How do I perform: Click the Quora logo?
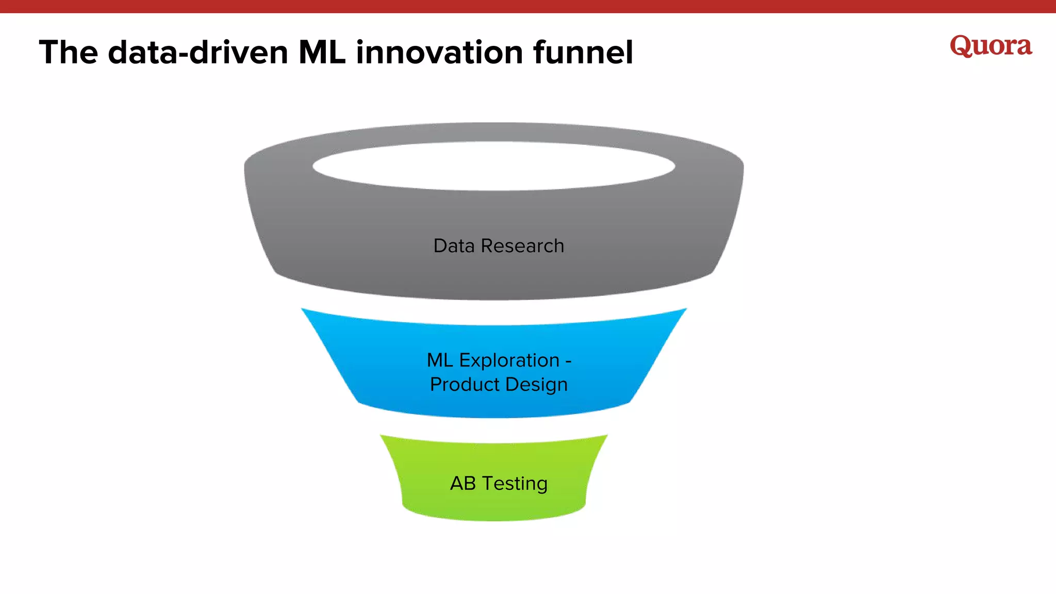tap(991, 46)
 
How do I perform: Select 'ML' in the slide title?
tap(322, 53)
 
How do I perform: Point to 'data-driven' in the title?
tap(198, 53)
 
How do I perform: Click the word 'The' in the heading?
tap(68, 53)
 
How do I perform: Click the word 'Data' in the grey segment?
tap(453, 246)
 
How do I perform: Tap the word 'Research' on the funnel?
tap(522, 246)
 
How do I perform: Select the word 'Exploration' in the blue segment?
tap(509, 360)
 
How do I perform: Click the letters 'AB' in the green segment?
tap(463, 484)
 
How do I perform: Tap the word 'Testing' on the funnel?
tap(515, 484)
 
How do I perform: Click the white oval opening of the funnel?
tap(493, 166)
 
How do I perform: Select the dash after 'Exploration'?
tap(568, 361)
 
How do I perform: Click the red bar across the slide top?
tap(528, 6)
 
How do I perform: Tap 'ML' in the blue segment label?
tap(439, 360)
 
